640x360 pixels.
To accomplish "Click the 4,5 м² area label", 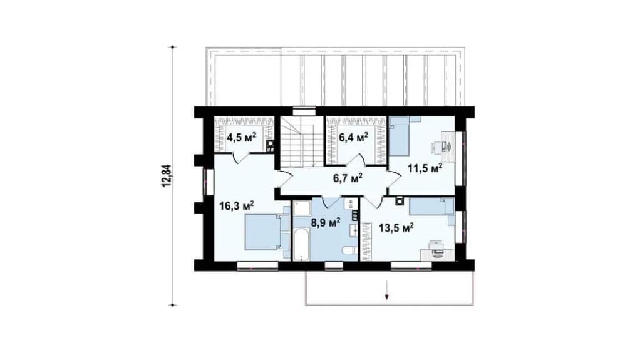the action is (x=242, y=137).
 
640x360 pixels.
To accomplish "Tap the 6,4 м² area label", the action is (x=353, y=137).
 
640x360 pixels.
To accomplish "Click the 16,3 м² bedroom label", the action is (x=237, y=205).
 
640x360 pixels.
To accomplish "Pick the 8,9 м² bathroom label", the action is (x=326, y=223).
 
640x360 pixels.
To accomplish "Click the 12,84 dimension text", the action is (x=167, y=175).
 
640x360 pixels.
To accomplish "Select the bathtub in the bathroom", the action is (x=301, y=244).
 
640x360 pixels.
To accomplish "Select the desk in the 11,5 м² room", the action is (x=448, y=147).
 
